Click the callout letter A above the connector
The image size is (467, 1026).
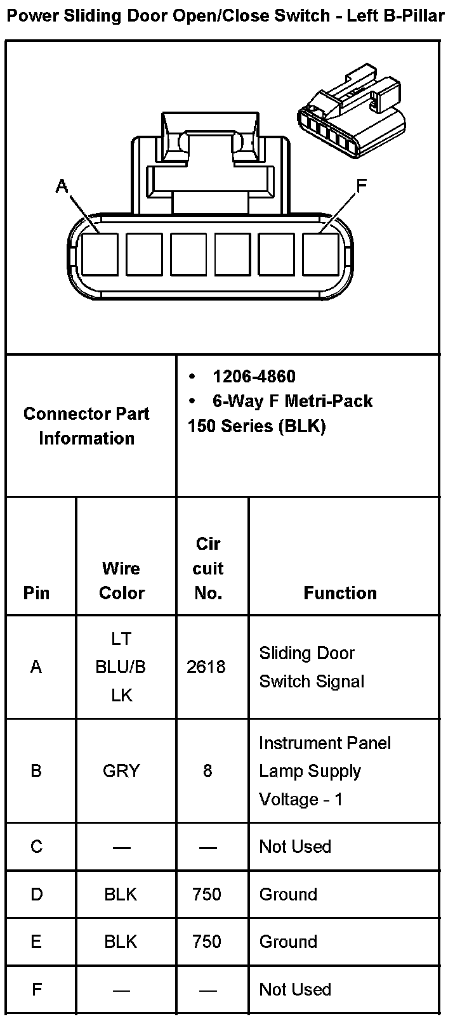click(62, 186)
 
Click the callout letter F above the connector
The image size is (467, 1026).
click(361, 186)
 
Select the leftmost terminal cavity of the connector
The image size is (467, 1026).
click(100, 254)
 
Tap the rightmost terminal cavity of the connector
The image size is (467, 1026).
click(320, 254)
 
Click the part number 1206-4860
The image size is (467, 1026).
click(254, 377)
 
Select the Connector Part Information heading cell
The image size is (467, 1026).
click(86, 425)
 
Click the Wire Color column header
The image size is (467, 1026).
click(121, 580)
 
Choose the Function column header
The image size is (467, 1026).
click(340, 593)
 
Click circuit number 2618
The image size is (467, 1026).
click(206, 666)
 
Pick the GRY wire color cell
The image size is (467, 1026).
click(121, 771)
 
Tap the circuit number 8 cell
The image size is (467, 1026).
click(207, 771)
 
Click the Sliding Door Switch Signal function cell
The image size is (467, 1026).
click(312, 667)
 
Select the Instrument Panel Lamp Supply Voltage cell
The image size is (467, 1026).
click(324, 771)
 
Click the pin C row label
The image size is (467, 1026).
click(37, 847)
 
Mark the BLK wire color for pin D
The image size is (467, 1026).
click(121, 894)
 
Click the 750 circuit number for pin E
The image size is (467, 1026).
click(207, 942)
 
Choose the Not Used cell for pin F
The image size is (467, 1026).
click(295, 989)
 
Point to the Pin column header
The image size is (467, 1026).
click(36, 593)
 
